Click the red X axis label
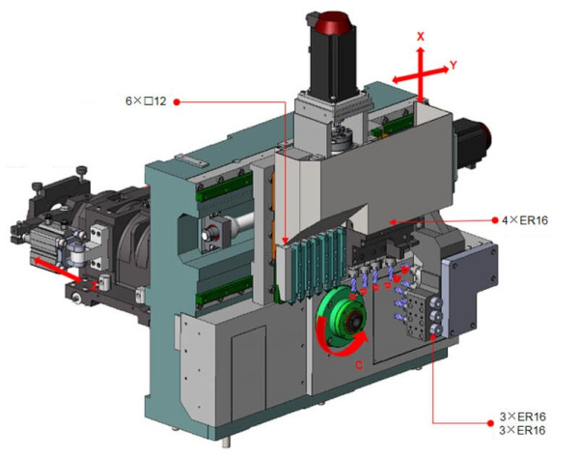(421, 37)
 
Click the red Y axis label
(454, 65)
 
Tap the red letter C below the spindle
(359, 365)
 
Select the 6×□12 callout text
(146, 100)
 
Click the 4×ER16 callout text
(525, 220)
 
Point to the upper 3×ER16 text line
(523, 416)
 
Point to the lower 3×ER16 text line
(522, 430)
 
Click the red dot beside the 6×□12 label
(177, 102)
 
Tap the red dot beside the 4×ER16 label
(495, 220)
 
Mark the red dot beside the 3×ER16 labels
(490, 423)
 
